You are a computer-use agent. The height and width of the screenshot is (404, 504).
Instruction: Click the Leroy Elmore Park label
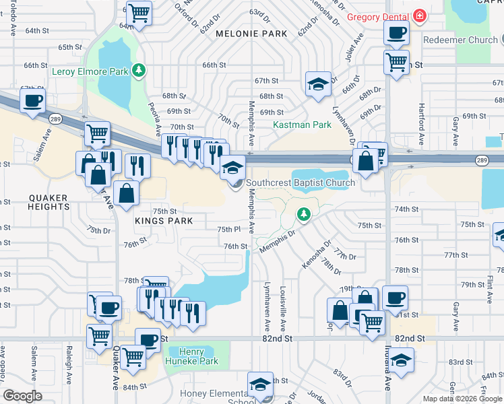(90, 70)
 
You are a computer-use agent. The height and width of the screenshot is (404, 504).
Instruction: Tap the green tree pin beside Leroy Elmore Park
(138, 69)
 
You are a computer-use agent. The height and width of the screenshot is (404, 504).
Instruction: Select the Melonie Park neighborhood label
(251, 34)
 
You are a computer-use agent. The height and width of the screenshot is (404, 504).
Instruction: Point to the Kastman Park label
(302, 125)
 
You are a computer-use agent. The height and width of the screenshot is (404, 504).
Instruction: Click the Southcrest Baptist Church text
(301, 183)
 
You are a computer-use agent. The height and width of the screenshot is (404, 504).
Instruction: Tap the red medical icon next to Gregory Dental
(420, 15)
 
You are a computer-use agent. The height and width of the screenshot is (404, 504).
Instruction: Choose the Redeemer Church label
(460, 40)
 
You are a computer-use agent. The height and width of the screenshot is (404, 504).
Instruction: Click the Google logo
(22, 395)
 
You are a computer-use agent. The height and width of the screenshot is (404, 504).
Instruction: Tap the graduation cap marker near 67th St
(318, 83)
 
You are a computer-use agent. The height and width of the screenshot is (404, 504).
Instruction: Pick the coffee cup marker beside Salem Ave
(32, 102)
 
